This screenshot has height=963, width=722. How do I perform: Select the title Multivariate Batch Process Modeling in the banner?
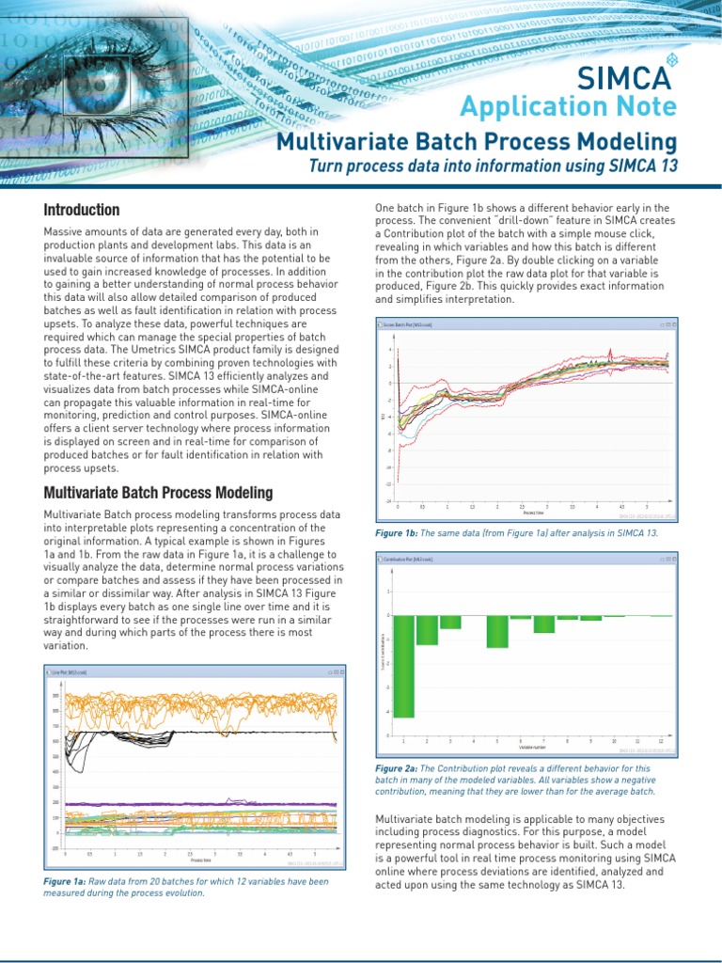[476, 142]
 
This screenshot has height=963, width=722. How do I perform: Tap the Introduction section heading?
[82, 210]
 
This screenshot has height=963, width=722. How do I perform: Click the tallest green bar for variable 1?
[403, 666]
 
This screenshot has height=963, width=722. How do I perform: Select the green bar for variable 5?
[497, 632]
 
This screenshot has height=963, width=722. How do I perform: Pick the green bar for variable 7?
[544, 624]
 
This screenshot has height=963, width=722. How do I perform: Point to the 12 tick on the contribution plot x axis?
[661, 741]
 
